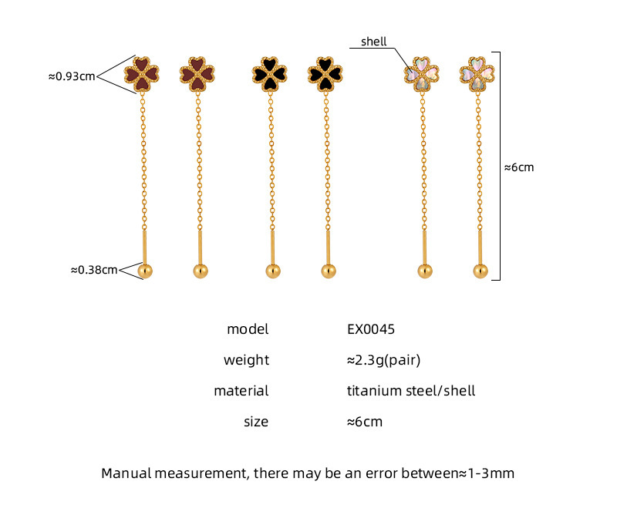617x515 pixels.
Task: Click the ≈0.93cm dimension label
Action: [72, 76]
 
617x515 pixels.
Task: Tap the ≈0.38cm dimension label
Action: [94, 270]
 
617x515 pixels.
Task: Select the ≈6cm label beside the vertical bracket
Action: [519, 167]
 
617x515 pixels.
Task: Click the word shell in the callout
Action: [373, 42]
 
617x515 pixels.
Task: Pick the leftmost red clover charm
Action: [143, 74]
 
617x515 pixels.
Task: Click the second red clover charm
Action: [197, 74]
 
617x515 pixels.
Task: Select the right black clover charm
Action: [324, 74]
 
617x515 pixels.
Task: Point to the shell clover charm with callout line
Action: [422, 74]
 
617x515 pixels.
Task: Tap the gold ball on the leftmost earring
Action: [145, 271]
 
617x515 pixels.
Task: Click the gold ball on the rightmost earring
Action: [480, 271]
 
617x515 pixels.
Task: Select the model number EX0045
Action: [371, 329]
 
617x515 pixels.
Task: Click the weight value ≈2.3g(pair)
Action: [383, 360]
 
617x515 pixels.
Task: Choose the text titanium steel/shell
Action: [411, 391]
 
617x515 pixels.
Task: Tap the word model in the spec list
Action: [248, 329]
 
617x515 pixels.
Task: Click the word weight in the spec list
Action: [246, 360]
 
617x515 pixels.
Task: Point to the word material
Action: [241, 391]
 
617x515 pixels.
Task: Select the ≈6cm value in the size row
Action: [365, 422]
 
